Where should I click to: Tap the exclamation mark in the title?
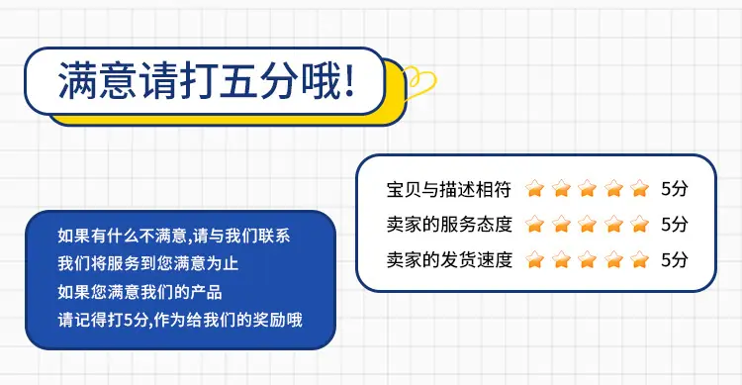coord(350,80)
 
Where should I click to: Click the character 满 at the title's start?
coord(77,80)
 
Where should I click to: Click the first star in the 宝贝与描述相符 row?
coord(534,188)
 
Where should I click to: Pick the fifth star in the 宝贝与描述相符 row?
coord(640,188)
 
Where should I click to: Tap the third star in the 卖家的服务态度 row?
coord(588,224)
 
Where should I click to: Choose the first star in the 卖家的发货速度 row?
coord(534,259)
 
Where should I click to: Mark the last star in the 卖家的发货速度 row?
coord(640,259)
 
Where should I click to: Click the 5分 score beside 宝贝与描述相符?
coord(675,189)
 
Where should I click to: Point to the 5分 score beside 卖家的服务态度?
coord(675,224)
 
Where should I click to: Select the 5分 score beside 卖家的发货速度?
coord(675,259)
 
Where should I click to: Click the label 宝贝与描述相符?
coord(449,189)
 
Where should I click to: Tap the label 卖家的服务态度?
coord(449,225)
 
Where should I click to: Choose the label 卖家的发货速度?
coord(449,260)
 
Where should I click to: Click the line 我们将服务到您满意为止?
coord(148,264)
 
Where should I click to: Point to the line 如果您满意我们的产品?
coord(140,292)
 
